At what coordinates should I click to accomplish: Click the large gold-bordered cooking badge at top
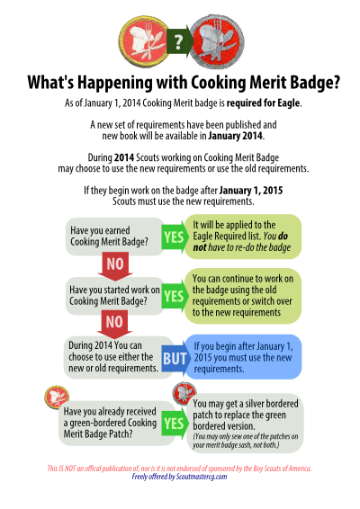144,41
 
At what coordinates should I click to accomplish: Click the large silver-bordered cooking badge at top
217,42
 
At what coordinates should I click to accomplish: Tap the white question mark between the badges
178,42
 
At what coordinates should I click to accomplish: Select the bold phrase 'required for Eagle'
263,103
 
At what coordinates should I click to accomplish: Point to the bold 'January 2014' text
235,136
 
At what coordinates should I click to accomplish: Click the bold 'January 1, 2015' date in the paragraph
251,190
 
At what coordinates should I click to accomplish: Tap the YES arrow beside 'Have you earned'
175,237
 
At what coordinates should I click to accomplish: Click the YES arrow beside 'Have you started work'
175,296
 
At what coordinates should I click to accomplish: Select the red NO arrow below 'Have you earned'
115,266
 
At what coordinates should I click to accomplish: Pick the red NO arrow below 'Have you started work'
114,324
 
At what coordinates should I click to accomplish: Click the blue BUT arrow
175,359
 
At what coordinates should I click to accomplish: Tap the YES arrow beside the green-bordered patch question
175,424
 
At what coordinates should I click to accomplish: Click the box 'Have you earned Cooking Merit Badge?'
114,237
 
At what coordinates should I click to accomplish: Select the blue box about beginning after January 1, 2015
243,357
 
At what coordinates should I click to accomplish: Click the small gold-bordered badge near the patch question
57,397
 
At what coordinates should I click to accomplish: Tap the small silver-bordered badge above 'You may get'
184,393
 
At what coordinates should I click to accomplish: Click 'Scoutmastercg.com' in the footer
202,477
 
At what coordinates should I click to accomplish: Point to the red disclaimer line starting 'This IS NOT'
179,469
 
